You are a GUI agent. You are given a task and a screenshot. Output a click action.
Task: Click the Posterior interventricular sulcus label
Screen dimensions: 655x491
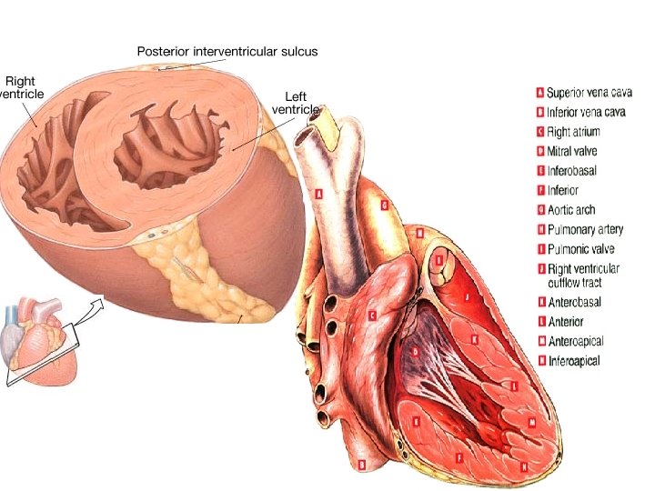click(227, 51)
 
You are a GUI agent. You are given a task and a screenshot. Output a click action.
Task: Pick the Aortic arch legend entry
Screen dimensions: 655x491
click(571, 210)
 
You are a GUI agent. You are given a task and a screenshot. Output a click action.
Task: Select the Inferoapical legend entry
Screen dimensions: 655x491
click(574, 361)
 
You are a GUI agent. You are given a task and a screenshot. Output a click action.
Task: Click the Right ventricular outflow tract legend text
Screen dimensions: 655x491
click(583, 276)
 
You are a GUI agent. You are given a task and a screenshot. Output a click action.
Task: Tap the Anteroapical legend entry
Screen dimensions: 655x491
click(576, 341)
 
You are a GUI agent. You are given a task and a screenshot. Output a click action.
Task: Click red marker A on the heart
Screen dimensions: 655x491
click(318, 194)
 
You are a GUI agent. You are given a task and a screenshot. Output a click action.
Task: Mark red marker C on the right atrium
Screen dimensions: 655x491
click(373, 316)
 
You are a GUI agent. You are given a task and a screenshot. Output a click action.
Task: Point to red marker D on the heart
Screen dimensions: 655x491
click(415, 351)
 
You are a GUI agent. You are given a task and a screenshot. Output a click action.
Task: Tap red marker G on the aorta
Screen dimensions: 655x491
click(385, 206)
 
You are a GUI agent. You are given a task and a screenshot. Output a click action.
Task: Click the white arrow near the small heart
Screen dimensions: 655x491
click(89, 309)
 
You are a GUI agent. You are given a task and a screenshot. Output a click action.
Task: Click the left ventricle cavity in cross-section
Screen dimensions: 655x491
click(168, 150)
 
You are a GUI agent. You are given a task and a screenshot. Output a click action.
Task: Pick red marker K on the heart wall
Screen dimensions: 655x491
click(474, 339)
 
